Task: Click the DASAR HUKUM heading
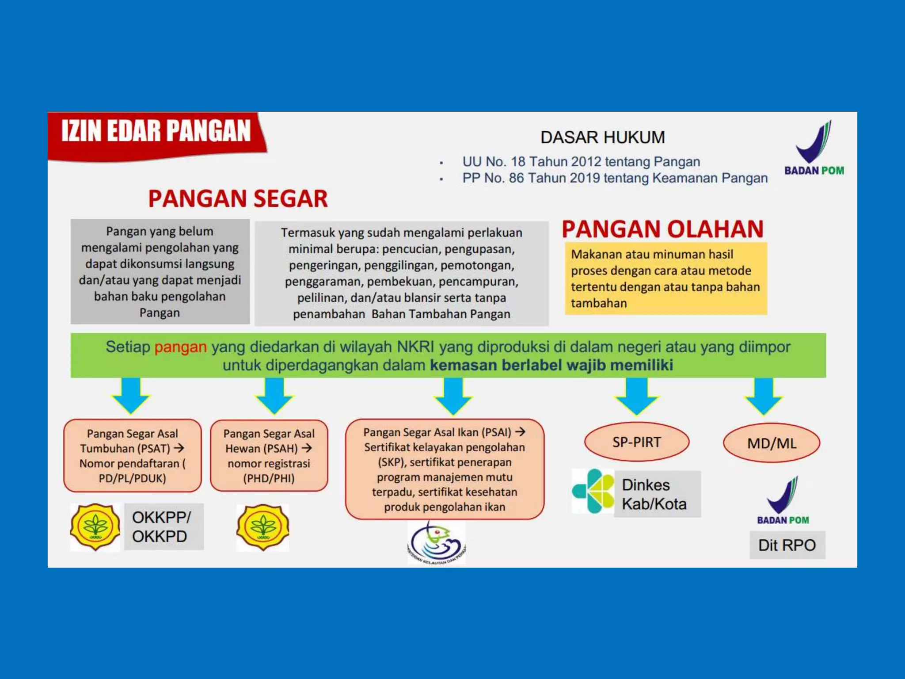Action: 602,137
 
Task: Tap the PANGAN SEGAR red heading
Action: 238,198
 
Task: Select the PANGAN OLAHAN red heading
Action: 662,229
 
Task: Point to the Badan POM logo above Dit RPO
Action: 783,500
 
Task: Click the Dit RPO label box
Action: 787,545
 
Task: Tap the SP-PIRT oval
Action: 636,442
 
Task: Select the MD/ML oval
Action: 772,443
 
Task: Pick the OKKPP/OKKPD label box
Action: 163,526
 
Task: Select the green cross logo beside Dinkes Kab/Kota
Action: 593,491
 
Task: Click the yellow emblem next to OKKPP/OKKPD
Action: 95,526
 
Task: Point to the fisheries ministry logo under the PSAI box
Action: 436,543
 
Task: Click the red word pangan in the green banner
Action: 180,347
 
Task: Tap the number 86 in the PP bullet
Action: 516,178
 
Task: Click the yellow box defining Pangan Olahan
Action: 665,278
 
